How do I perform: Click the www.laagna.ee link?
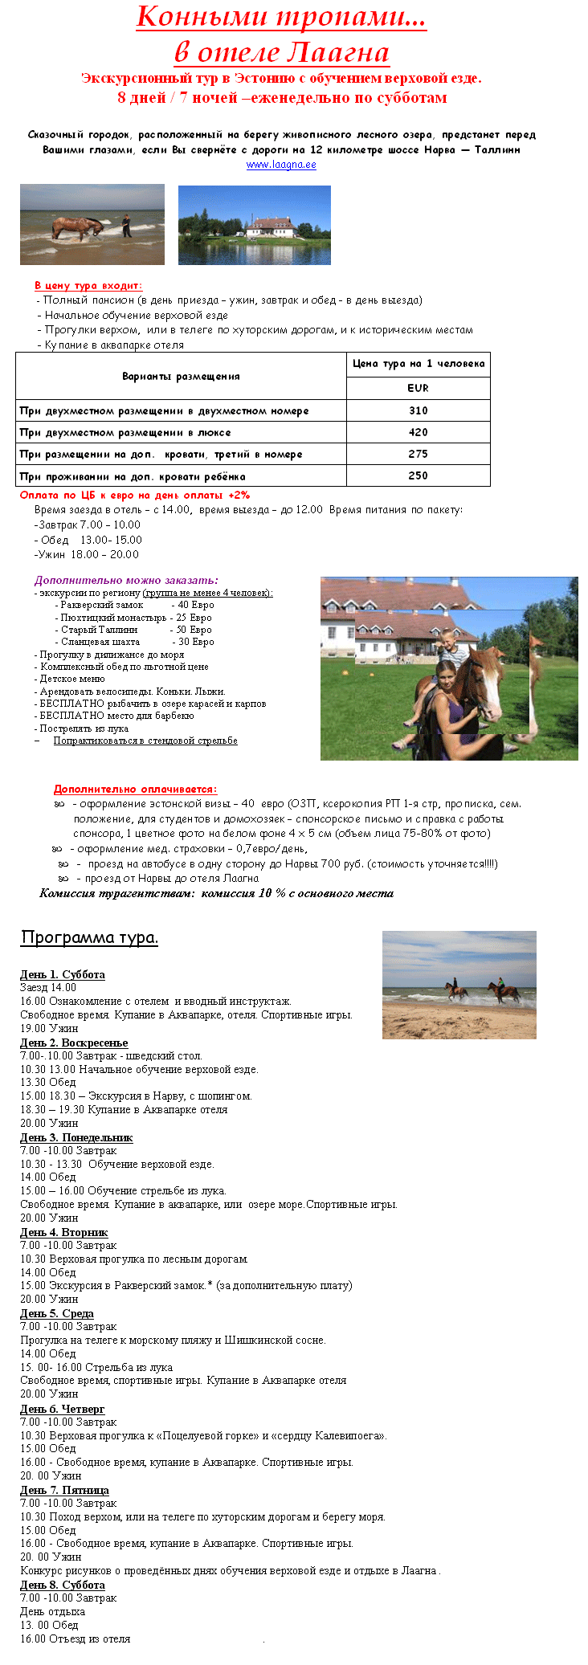281,165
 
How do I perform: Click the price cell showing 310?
418,410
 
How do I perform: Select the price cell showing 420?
418,432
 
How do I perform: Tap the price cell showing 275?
418,454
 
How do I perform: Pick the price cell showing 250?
418,475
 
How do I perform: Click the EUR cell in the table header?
418,388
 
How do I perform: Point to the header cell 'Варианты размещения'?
181,376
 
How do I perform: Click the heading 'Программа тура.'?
89,937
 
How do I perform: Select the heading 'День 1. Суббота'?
63,974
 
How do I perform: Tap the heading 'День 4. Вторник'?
63,1232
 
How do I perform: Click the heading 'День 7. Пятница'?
64,1490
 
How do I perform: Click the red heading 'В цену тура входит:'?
88,285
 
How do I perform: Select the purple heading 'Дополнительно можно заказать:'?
126,580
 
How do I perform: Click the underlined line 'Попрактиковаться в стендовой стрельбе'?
145,741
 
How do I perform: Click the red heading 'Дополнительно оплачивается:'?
135,790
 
